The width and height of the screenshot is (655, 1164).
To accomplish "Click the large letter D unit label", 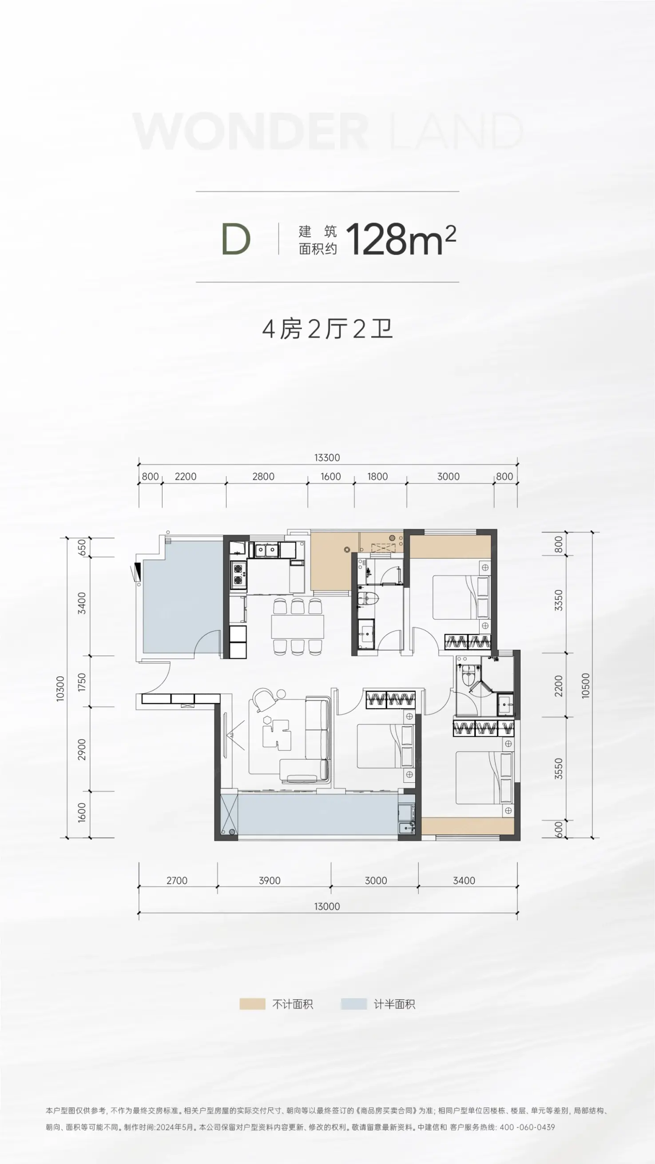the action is coord(236,239).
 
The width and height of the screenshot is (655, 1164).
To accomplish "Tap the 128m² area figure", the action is coord(401,239).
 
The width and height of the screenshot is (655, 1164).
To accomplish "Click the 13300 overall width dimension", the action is coord(327,457).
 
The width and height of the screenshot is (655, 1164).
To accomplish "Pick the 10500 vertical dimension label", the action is coord(585,686).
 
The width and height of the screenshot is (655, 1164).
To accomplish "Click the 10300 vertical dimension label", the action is coord(60,688).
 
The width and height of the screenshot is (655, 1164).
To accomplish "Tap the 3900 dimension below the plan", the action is coord(270,880).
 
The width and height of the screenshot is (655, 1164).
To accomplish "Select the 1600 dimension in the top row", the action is coord(331,476).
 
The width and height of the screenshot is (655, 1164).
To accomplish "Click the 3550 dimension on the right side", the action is coord(559,768).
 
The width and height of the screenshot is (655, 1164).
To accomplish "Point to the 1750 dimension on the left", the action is coord(82,682).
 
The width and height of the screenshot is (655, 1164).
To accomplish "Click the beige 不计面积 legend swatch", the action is coord(252,1004).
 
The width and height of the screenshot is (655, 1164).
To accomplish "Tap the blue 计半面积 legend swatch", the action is coord(353,1004).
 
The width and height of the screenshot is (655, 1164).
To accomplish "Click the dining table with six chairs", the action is coord(298,626).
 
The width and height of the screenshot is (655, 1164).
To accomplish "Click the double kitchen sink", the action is coord(266,550).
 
